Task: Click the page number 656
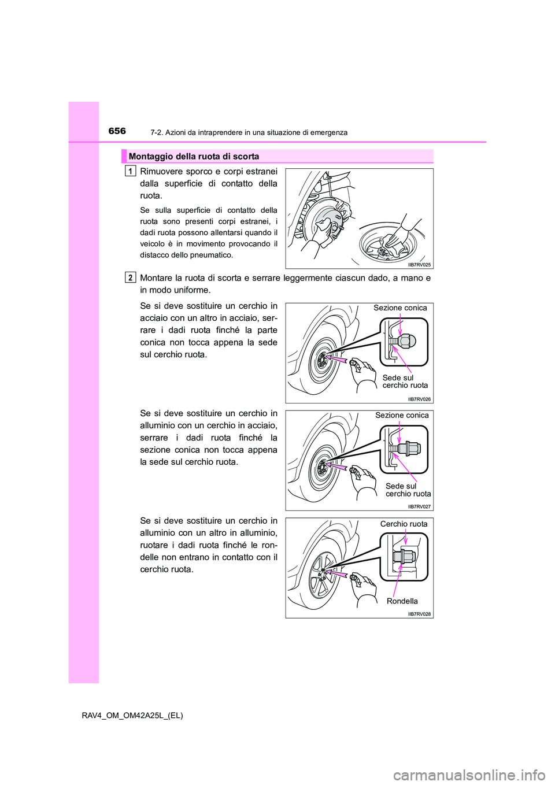[117, 131]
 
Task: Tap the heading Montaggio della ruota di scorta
[194, 157]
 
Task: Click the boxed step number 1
[131, 171]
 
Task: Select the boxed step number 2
[131, 278]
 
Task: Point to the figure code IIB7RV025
[419, 264]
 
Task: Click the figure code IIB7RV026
[419, 399]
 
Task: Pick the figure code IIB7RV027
[419, 506]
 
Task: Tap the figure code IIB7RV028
[419, 614]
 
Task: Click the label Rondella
[402, 601]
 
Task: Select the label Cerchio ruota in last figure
[404, 524]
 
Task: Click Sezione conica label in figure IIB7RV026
[400, 308]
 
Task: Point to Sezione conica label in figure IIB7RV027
[402, 416]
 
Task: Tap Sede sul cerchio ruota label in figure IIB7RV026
[405, 382]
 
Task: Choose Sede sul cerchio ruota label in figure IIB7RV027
[408, 490]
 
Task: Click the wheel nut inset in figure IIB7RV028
[404, 557]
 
